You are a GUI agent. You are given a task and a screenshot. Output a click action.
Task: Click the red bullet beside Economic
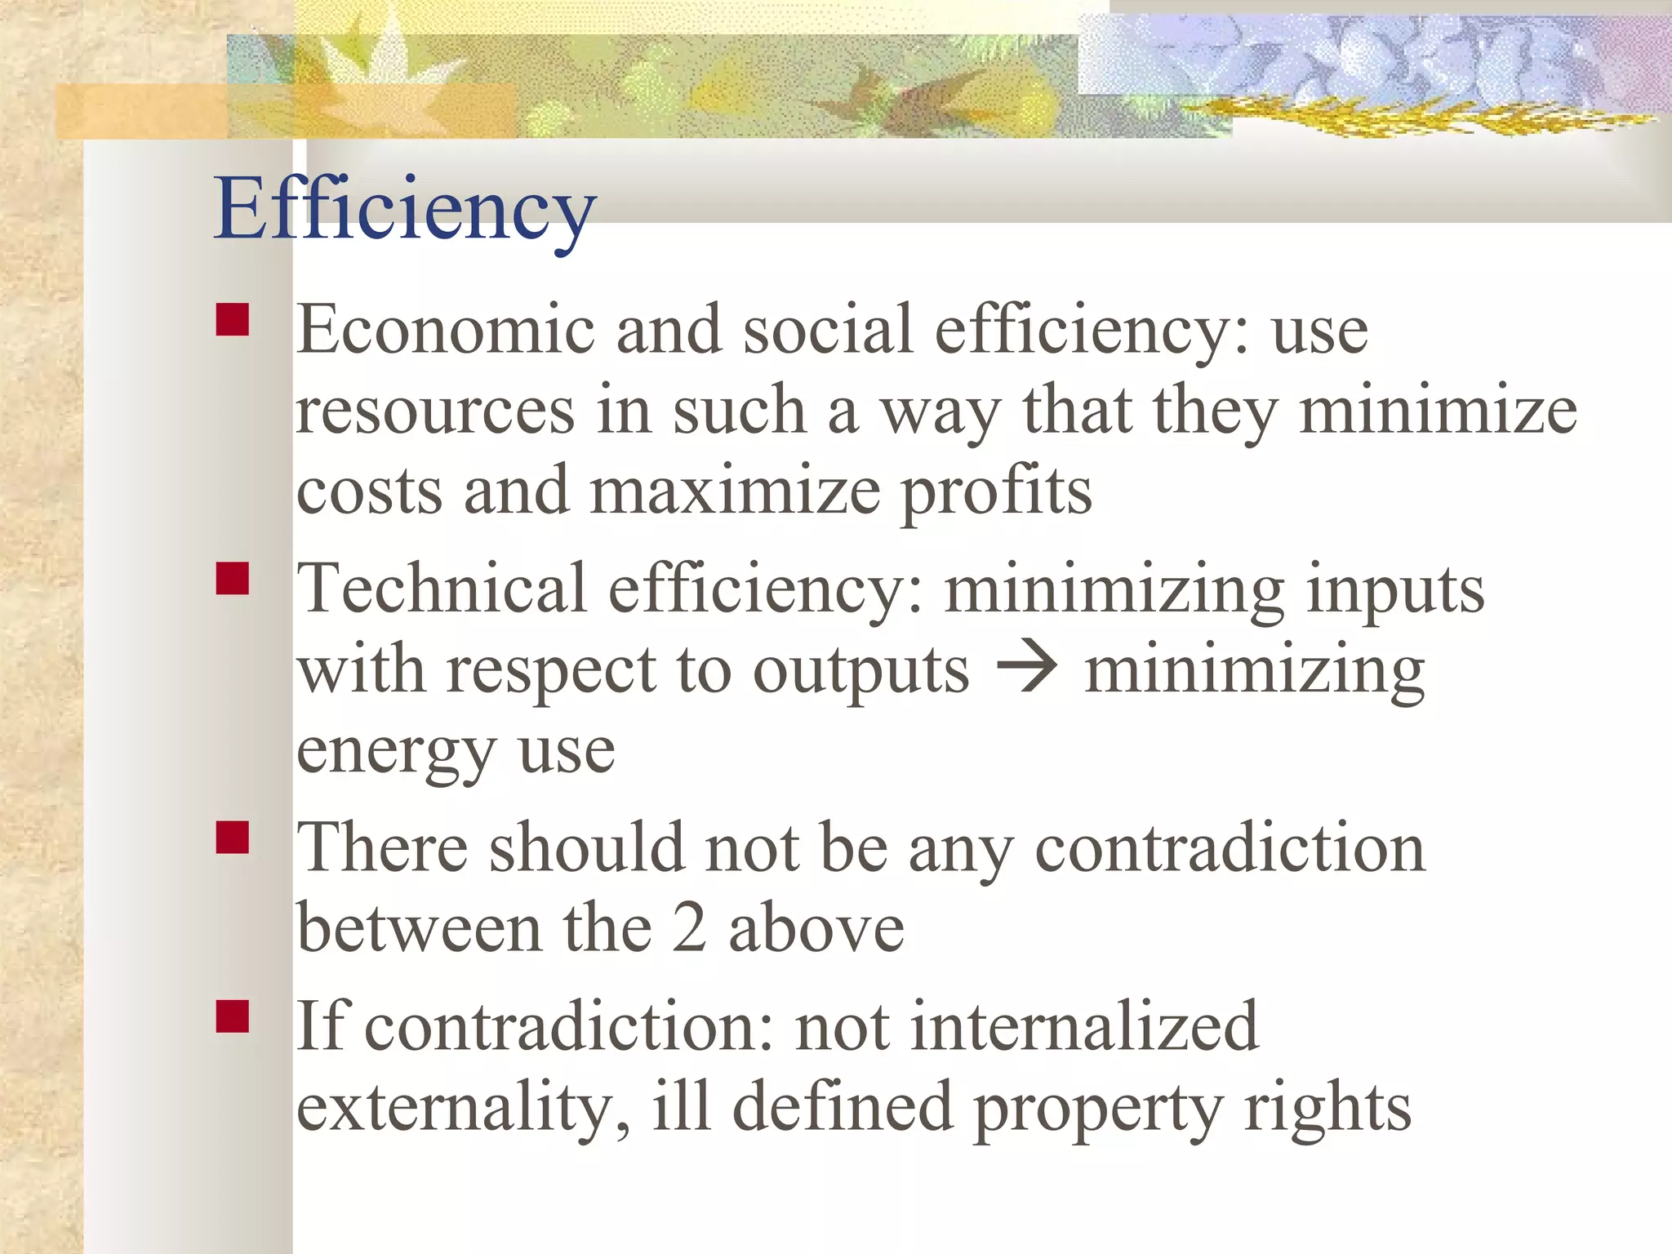click(x=233, y=320)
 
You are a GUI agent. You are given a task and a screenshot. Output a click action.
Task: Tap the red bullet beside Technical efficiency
click(x=233, y=579)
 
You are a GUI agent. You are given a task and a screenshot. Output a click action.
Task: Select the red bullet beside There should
click(x=233, y=838)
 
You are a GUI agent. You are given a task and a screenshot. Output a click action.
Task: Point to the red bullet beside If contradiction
click(x=233, y=1016)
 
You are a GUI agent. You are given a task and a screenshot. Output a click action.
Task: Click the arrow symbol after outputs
click(x=1026, y=670)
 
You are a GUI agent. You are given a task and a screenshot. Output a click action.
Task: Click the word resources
click(x=435, y=411)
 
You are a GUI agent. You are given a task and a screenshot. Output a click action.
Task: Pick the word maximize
click(x=735, y=491)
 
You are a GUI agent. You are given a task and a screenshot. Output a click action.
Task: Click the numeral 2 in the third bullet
click(x=689, y=929)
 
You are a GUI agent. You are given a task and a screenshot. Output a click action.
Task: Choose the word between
click(x=419, y=929)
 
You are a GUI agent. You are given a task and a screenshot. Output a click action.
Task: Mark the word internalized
click(x=1084, y=1026)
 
